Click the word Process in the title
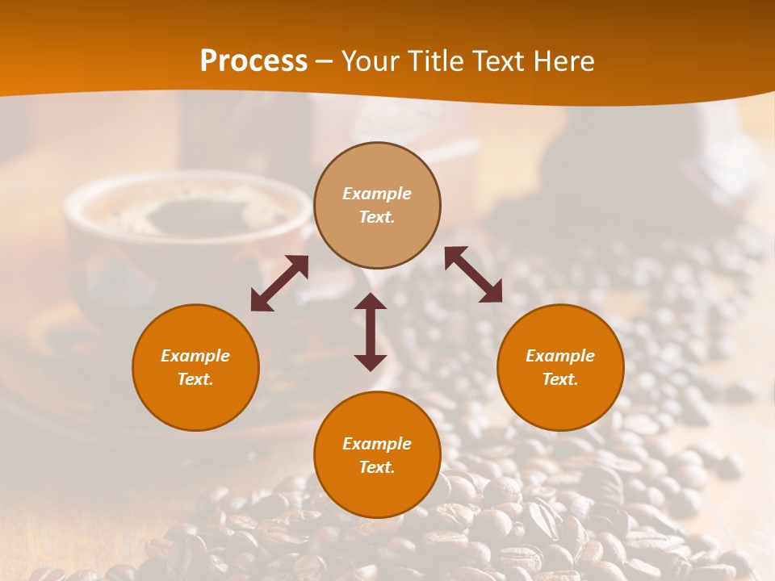(253, 61)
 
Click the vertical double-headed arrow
(371, 332)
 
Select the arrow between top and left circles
(279, 283)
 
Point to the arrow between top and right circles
(473, 274)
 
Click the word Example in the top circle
(377, 194)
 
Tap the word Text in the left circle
(195, 379)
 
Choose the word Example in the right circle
(560, 356)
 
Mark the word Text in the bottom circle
(376, 467)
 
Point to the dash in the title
(325, 62)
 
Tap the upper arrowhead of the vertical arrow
(371, 300)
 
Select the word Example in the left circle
(195, 356)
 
